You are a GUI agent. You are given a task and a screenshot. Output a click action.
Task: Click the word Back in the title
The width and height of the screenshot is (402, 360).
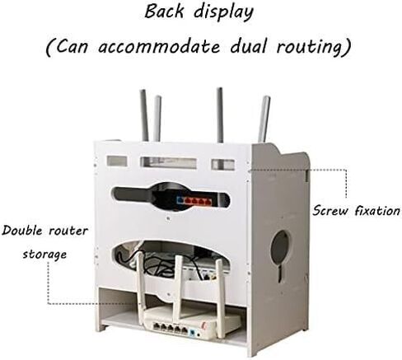pyautogui.click(x=164, y=12)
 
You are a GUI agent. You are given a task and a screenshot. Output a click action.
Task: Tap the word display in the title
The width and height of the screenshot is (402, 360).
pyautogui.click(x=224, y=13)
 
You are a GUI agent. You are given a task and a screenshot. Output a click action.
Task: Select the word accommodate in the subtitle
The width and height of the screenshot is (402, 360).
pyautogui.click(x=159, y=46)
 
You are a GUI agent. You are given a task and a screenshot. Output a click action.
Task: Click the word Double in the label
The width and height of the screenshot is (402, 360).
pyautogui.click(x=22, y=230)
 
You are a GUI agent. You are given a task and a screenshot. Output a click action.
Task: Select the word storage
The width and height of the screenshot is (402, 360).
pyautogui.click(x=44, y=255)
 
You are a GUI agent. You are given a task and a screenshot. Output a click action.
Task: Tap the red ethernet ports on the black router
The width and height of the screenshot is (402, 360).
pyautogui.click(x=198, y=201)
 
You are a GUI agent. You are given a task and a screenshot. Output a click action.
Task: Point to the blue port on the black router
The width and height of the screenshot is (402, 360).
pyautogui.click(x=180, y=200)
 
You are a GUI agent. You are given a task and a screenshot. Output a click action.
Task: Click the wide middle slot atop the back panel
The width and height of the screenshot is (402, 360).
pyautogui.click(x=169, y=162)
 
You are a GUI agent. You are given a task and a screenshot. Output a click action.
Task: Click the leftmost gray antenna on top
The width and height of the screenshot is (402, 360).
pyautogui.click(x=144, y=115)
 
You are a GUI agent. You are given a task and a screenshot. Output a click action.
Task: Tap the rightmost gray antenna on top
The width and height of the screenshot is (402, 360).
pyautogui.click(x=264, y=119)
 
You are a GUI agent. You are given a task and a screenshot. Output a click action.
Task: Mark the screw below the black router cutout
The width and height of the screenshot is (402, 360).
pyautogui.click(x=168, y=219)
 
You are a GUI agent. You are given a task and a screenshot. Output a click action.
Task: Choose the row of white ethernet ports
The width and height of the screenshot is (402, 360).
pyautogui.click(x=171, y=327)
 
